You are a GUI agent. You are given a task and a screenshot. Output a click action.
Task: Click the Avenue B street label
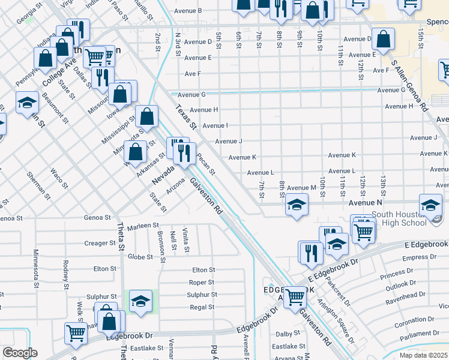pos(187,11)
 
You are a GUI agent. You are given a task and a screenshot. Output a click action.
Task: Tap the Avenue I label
pos(215,125)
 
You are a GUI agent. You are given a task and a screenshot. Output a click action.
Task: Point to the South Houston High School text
pos(399,218)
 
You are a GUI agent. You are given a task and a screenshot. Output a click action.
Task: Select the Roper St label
pos(202,282)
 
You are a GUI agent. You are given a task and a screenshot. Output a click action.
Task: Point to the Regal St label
pos(202,307)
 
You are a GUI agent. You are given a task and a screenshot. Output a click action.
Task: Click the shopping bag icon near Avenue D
pos(384,39)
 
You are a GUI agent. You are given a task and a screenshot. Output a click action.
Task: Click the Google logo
pos(20,353)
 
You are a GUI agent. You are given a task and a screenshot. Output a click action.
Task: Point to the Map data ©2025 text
pos(423,355)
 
